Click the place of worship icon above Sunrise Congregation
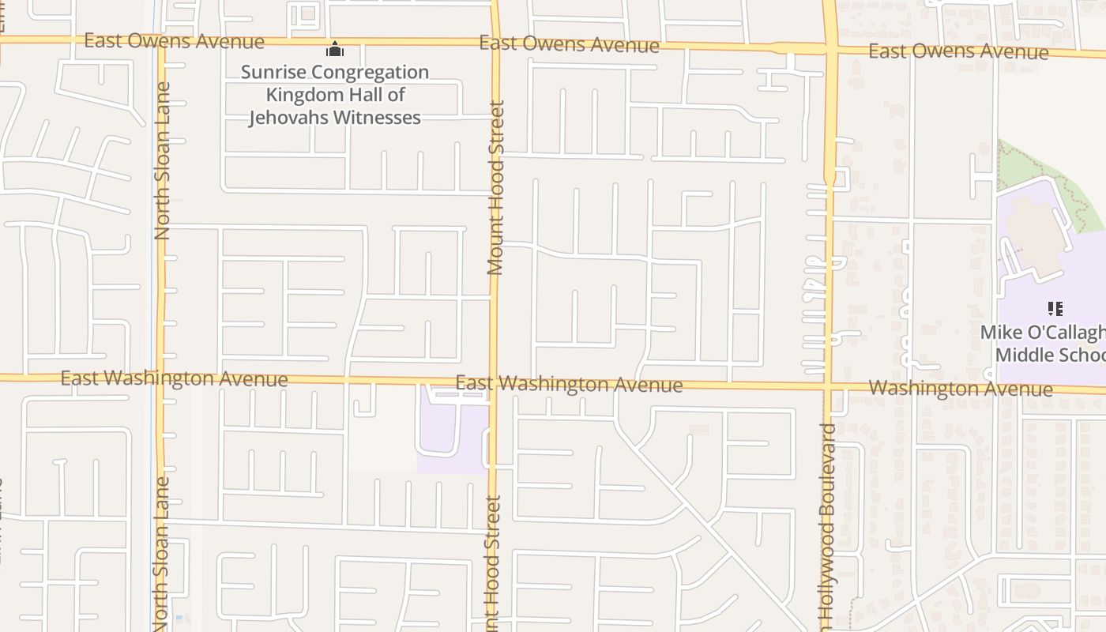point(335,50)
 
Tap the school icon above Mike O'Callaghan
point(1055,308)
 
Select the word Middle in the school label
point(1020,354)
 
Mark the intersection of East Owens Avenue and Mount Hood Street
point(495,43)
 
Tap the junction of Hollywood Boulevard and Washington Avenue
point(829,387)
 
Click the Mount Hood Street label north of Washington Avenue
point(495,187)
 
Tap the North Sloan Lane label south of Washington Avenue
point(160,553)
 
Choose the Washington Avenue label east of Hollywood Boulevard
point(960,389)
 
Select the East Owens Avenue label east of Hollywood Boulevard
point(957,52)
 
